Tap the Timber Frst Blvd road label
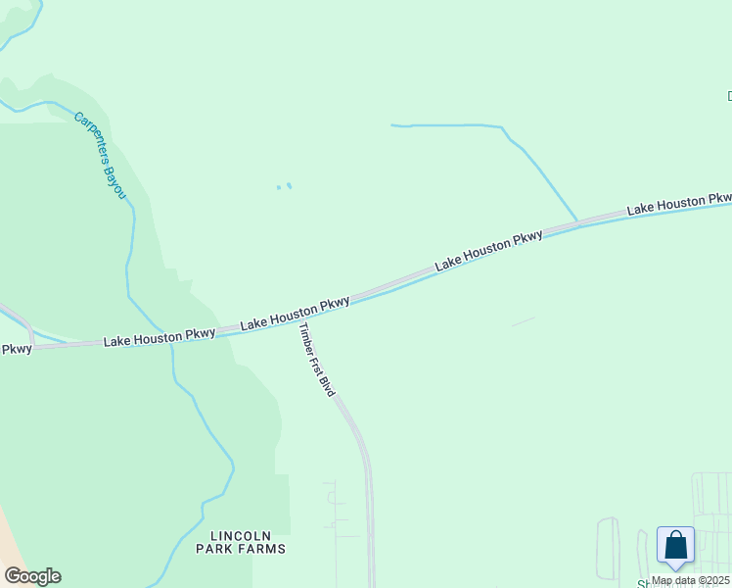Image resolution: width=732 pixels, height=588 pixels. (317, 359)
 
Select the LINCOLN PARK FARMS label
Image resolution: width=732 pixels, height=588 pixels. (248, 542)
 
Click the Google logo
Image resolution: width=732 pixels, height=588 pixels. (32, 576)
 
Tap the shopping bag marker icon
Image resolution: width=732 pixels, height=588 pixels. (675, 546)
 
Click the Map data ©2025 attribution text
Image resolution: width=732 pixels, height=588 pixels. (690, 580)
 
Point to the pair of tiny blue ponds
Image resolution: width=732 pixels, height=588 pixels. (284, 186)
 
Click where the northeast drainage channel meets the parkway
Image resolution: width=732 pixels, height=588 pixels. (577, 222)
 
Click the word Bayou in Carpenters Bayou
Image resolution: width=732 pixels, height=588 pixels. (115, 180)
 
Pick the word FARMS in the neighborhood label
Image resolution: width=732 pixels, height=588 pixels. (265, 549)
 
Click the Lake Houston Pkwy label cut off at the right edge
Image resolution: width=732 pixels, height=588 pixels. (679, 206)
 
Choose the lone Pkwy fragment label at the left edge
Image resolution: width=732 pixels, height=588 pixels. (16, 348)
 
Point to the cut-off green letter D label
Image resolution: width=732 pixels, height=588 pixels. (728, 96)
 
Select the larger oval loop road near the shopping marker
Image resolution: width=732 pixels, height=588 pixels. (608, 549)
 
